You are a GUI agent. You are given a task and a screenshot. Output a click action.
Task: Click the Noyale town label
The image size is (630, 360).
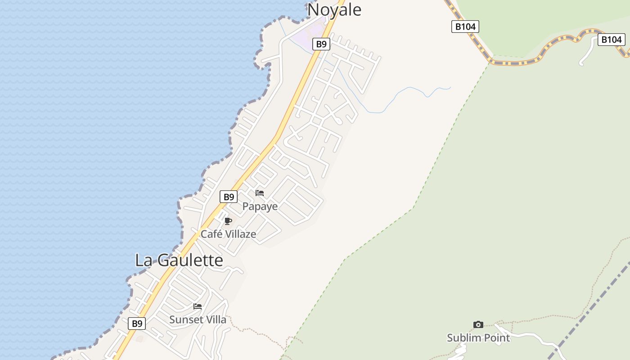(334, 9)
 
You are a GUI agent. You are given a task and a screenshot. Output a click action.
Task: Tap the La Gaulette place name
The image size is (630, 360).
(179, 260)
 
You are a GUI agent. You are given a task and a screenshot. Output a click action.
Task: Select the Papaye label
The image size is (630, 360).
(260, 207)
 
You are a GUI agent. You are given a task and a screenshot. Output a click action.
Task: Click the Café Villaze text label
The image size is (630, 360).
(228, 234)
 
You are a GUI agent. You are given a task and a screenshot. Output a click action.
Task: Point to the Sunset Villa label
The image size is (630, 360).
(198, 319)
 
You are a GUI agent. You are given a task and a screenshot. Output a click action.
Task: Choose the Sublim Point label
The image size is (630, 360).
(478, 337)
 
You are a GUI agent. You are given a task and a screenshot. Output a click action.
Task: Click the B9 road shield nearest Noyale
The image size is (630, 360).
(321, 44)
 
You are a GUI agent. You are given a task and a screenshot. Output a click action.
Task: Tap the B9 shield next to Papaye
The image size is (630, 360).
(229, 197)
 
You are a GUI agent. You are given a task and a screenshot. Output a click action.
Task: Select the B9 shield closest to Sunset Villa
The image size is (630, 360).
(137, 323)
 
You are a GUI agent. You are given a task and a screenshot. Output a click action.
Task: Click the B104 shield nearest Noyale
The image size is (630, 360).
(465, 27)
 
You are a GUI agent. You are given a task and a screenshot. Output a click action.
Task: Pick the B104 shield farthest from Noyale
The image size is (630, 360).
(611, 40)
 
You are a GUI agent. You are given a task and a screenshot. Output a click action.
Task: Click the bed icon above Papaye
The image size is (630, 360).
(260, 193)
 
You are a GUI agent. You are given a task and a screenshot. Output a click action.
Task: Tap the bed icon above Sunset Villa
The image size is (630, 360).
(198, 306)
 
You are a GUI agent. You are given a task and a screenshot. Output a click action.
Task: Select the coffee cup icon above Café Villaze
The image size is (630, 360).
(228, 221)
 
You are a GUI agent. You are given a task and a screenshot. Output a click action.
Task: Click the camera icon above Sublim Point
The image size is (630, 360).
(478, 324)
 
